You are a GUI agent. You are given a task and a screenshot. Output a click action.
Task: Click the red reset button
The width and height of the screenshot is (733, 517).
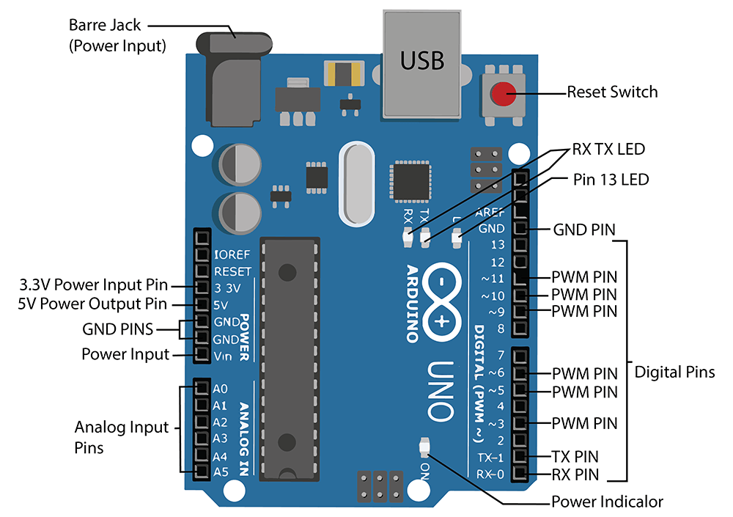(502, 94)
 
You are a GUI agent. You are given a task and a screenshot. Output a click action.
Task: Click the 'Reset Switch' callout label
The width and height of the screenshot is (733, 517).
(612, 92)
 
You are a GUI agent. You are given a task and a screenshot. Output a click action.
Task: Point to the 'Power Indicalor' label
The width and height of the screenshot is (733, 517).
(607, 502)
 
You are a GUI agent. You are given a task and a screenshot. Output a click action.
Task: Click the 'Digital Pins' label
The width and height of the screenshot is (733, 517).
(674, 372)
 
